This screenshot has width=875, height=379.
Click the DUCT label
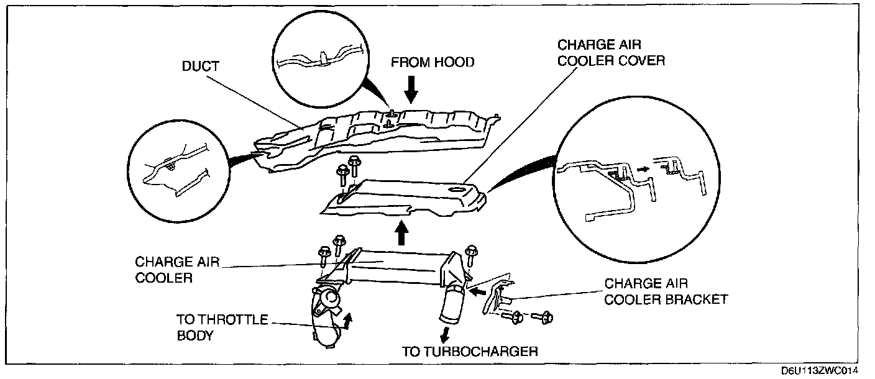click(x=201, y=66)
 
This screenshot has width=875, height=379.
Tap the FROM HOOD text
click(x=432, y=62)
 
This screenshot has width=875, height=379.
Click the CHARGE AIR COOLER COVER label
click(x=611, y=53)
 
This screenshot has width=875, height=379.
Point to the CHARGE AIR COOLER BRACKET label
click(x=666, y=291)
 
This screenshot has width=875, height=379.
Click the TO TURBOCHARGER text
click(x=469, y=352)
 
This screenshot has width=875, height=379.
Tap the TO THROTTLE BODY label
click(x=222, y=327)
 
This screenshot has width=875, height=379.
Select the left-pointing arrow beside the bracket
click(x=477, y=290)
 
